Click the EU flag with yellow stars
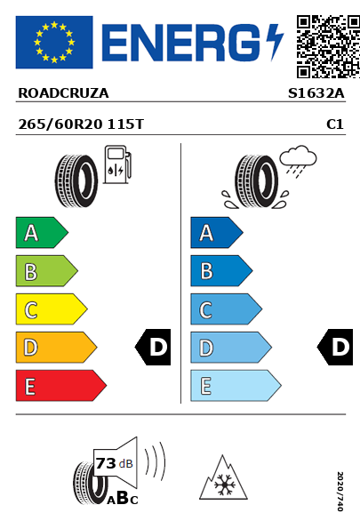pyautogui.click(x=54, y=42)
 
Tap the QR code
pyautogui.click(x=328, y=46)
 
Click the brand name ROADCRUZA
pyautogui.click(x=63, y=93)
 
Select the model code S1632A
pyautogui.click(x=316, y=93)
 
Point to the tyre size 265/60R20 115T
pyautogui.click(x=81, y=124)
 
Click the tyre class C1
pyautogui.click(x=335, y=124)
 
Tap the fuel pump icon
pyautogui.click(x=117, y=164)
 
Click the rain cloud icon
pyautogui.click(x=298, y=161)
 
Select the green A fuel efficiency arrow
pyautogui.click(x=42, y=232)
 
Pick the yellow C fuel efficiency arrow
pyautogui.click(x=52, y=309)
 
